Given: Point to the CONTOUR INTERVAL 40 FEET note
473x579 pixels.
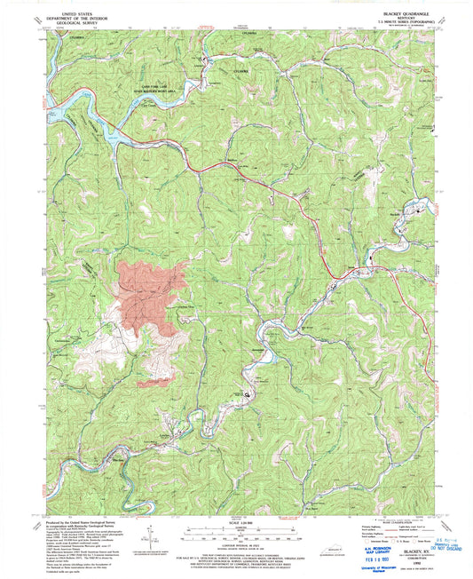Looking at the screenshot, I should click(236, 538).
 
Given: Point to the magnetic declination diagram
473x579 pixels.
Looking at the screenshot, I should click(157, 540).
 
